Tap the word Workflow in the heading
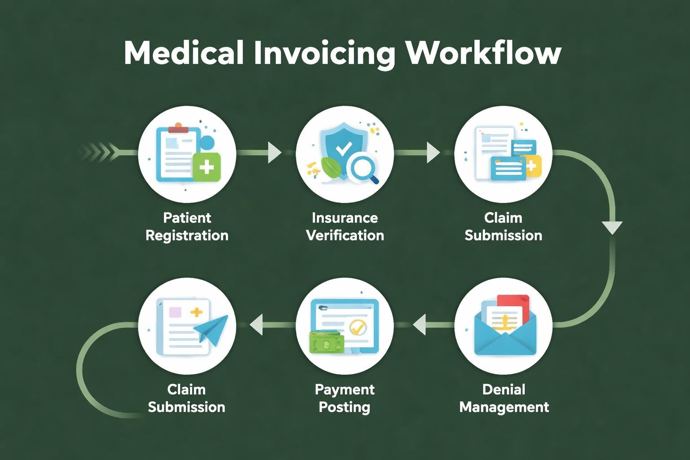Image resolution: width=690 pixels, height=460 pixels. tap(483, 53)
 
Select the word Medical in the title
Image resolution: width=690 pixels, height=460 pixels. tap(184, 53)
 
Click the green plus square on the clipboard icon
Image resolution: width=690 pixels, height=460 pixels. tap(206, 167)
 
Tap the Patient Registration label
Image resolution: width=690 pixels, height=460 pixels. tap(187, 226)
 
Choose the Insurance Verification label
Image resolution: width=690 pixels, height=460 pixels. tap(345, 226)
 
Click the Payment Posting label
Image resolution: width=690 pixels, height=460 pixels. tap(345, 398)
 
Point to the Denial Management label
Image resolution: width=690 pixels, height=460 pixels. tap(504, 398)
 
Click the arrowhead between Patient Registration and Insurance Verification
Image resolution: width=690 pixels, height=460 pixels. tap(274, 152)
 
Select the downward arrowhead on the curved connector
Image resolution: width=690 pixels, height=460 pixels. tap(612, 227)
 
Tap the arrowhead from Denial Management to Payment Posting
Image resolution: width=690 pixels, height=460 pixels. tap(420, 324)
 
